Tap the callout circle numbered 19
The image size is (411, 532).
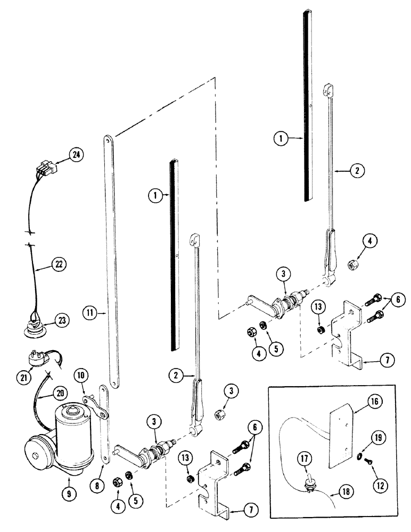[x=377, y=439]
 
